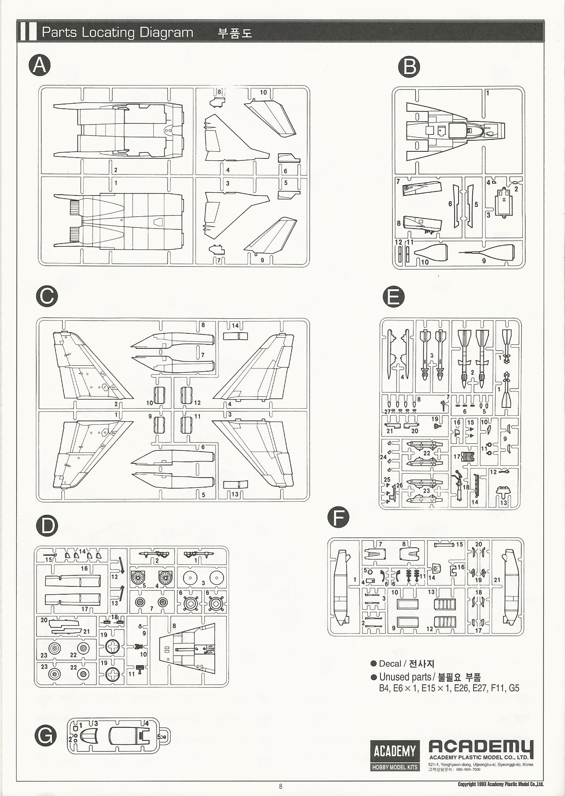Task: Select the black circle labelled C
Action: pyautogui.click(x=47, y=296)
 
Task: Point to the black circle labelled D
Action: pyautogui.click(x=47, y=526)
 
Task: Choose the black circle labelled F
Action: pyautogui.click(x=338, y=517)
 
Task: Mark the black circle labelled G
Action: pyautogui.click(x=46, y=735)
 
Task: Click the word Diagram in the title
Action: pyautogui.click(x=166, y=32)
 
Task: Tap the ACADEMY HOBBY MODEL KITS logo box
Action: pyautogui.click(x=394, y=755)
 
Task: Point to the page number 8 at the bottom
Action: pyautogui.click(x=281, y=786)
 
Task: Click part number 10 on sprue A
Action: pyautogui.click(x=263, y=93)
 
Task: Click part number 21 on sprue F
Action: pyautogui.click(x=497, y=580)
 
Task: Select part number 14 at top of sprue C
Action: pyautogui.click(x=235, y=326)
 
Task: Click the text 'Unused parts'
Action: pyautogui.click(x=405, y=677)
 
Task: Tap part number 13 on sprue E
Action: pyautogui.click(x=503, y=502)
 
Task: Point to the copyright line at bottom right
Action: pyautogui.click(x=500, y=784)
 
